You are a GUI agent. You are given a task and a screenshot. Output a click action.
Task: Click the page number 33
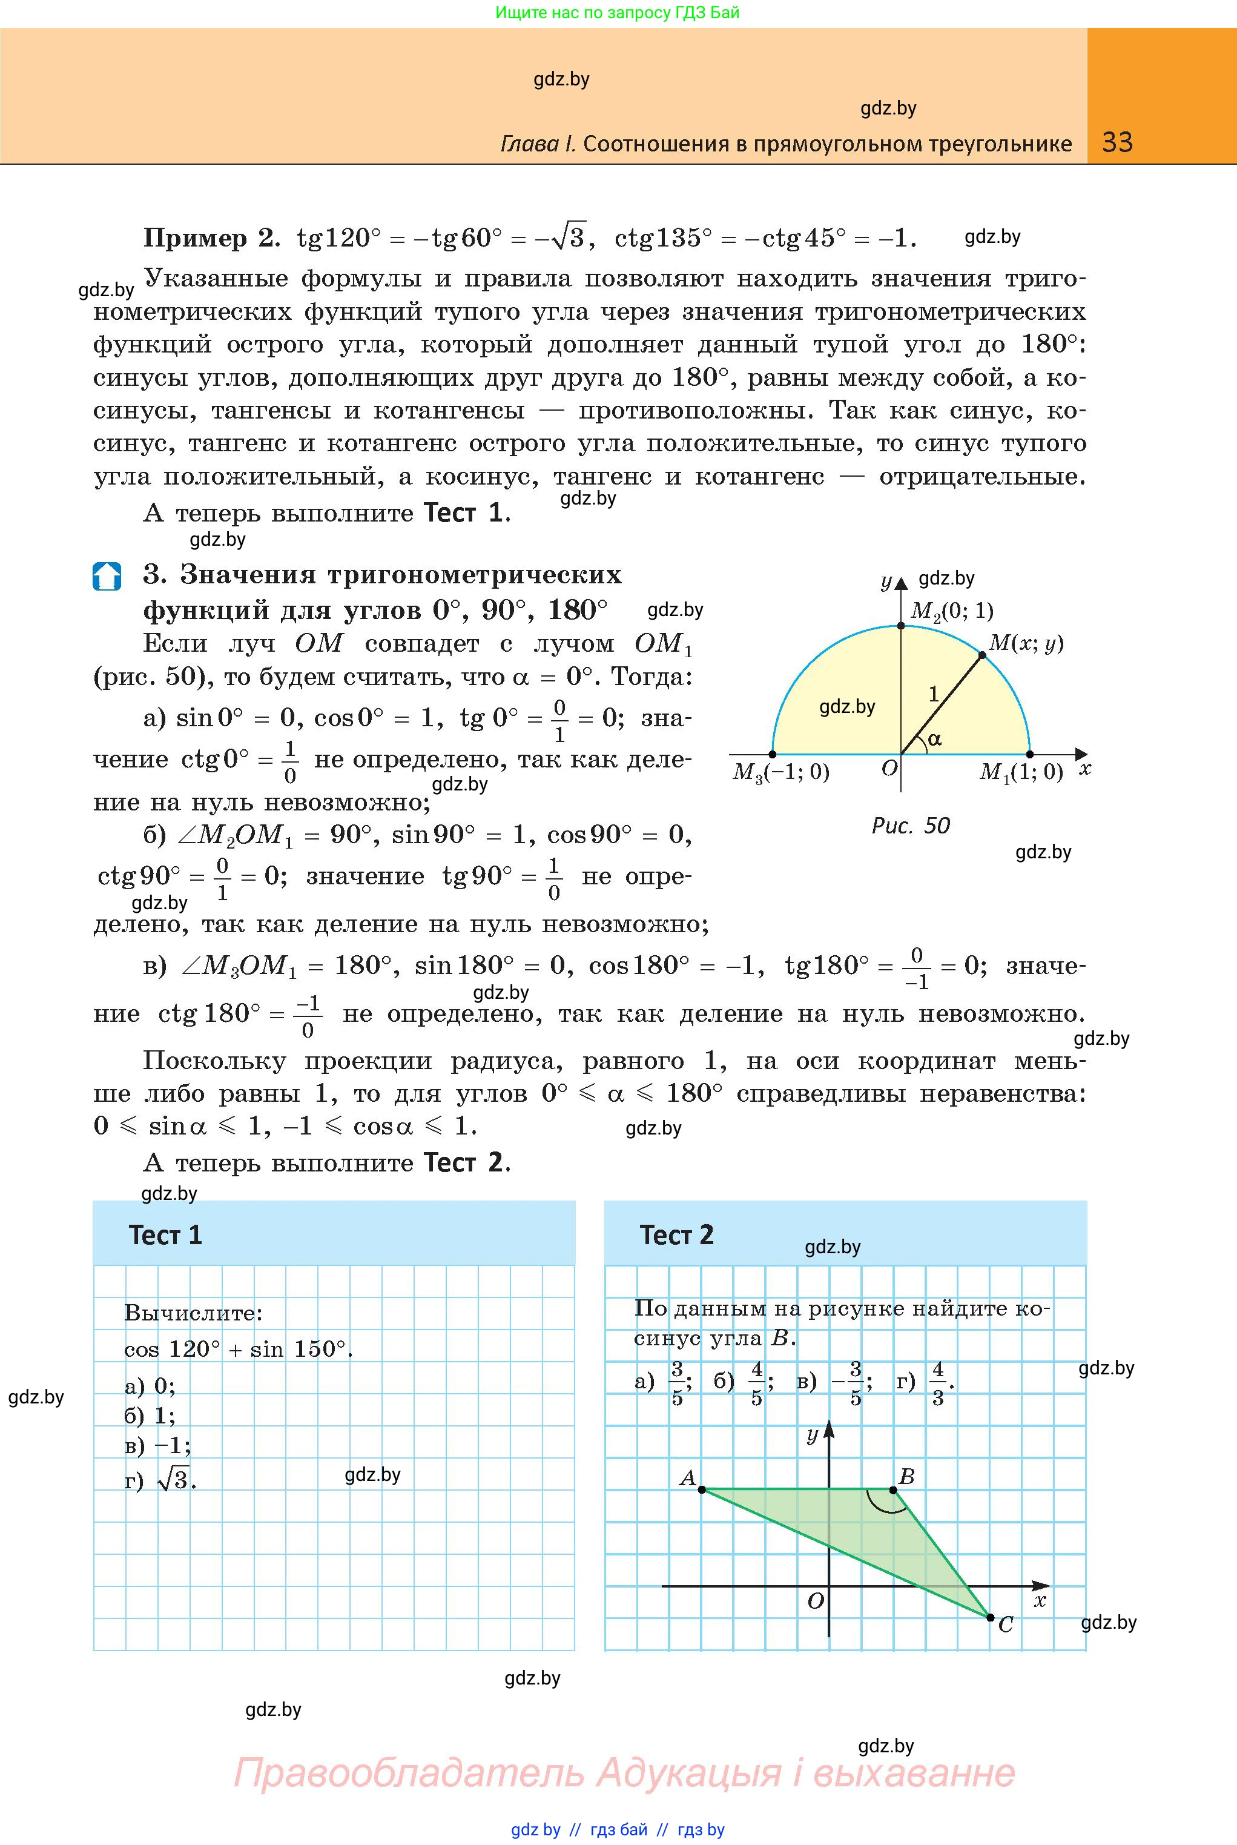[x=1117, y=142]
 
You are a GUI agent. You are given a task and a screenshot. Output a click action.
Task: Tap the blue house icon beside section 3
[x=107, y=576]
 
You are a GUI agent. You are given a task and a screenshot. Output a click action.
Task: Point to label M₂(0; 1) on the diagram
[x=951, y=610]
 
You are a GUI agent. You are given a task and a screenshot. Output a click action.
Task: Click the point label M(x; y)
[x=1026, y=643]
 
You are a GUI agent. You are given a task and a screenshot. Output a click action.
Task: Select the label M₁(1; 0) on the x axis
[x=1021, y=772]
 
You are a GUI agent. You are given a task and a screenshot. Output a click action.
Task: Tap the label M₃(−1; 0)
[x=781, y=772]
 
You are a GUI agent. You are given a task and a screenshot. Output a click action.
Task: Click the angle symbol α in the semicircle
[x=935, y=740]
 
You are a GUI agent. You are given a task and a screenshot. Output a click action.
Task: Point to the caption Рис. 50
[x=911, y=826]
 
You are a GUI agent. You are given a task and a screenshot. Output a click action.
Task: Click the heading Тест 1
[x=166, y=1235]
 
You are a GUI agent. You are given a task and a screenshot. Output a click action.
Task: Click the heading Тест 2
[x=676, y=1235]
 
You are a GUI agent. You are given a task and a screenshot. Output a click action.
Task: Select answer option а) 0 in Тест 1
[x=150, y=1386]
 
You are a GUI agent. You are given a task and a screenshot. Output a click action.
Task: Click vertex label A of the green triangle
[x=687, y=1478]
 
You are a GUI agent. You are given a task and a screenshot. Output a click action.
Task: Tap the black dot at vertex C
[x=990, y=1617]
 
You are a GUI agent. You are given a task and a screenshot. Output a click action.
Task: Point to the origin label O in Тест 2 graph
[x=815, y=1600]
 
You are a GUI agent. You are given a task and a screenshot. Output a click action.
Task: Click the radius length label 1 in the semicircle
[x=933, y=694]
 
